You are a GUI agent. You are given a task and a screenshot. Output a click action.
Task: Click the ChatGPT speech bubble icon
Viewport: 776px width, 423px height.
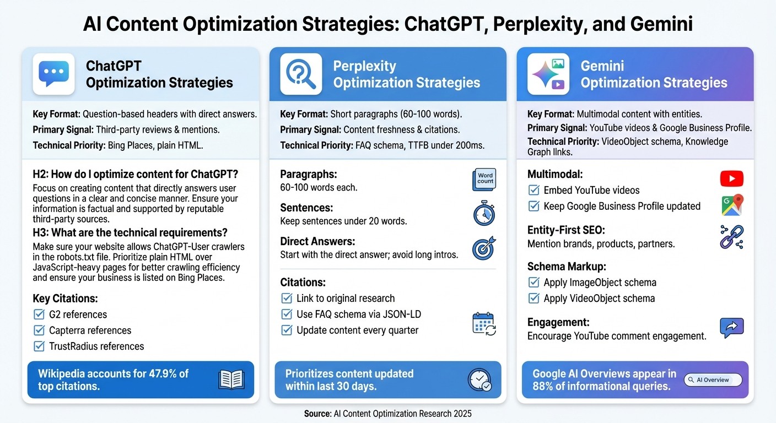pyautogui.click(x=53, y=74)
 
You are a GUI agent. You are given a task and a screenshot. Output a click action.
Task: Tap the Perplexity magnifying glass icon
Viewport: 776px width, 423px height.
pyautogui.click(x=301, y=74)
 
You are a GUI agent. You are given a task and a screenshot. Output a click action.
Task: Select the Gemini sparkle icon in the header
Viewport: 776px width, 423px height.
pyautogui.click(x=548, y=74)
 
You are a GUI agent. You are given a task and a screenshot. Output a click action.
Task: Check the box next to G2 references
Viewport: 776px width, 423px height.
pyautogui.click(x=39, y=314)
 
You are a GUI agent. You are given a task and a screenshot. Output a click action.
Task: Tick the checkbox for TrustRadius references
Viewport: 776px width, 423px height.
pyautogui.click(x=39, y=346)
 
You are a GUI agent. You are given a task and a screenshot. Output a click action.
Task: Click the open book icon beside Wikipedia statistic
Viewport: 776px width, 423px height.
pyautogui.click(x=231, y=379)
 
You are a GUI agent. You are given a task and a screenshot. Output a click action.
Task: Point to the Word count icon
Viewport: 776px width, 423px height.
pyautogui.click(x=485, y=180)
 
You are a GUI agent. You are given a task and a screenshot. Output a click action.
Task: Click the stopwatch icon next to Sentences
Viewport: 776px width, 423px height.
pyautogui.click(x=484, y=214)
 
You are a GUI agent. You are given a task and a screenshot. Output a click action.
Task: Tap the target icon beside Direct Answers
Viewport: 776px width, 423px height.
pyautogui.click(x=484, y=248)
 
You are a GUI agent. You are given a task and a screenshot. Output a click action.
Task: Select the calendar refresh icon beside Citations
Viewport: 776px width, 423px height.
pyautogui.click(x=484, y=323)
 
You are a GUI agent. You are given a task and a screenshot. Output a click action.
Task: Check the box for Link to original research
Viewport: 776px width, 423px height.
pyautogui.click(x=287, y=299)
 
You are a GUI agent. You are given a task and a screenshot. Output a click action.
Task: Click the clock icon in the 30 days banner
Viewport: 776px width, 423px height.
pyautogui.click(x=478, y=379)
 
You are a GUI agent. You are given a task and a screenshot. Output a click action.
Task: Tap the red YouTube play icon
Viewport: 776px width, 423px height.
pyautogui.click(x=731, y=178)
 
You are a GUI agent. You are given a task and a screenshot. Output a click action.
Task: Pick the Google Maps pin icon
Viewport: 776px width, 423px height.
pyautogui.click(x=732, y=205)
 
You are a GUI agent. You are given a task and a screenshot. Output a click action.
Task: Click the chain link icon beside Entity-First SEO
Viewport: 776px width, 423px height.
pyautogui.click(x=731, y=237)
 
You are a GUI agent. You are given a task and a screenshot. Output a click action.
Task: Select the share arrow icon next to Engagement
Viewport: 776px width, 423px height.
pyautogui.click(x=731, y=328)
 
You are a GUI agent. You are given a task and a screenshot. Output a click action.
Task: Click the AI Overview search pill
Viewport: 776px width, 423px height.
pyautogui.click(x=713, y=380)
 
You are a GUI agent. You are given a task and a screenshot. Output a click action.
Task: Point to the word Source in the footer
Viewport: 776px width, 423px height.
pyautogui.click(x=317, y=414)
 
